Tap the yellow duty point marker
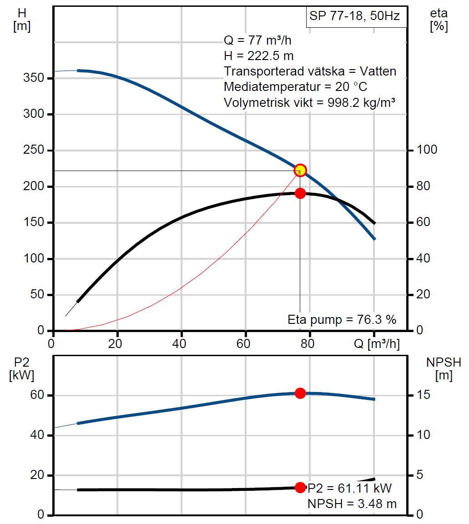pos(300,171)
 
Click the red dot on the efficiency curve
pos(300,193)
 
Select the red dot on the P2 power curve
pos(300,393)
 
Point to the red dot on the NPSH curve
pos(300,487)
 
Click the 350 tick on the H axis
pos(35,78)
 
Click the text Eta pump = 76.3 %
pos(342,320)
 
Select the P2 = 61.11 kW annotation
pos(350,489)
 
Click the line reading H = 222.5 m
pos(258,56)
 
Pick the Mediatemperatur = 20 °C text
pos(295,86)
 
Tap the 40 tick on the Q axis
pos(182,344)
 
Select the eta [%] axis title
pos(439,20)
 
